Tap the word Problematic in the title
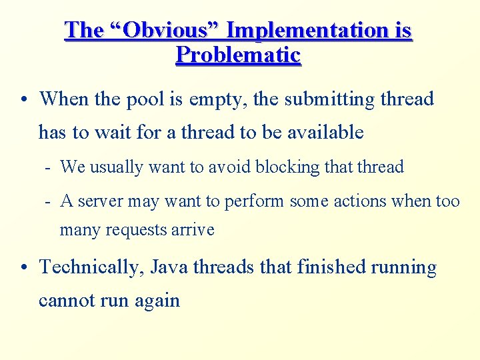click(238, 55)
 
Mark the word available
click(326, 132)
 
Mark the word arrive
click(193, 230)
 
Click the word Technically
click(91, 267)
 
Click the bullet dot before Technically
click(24, 268)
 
